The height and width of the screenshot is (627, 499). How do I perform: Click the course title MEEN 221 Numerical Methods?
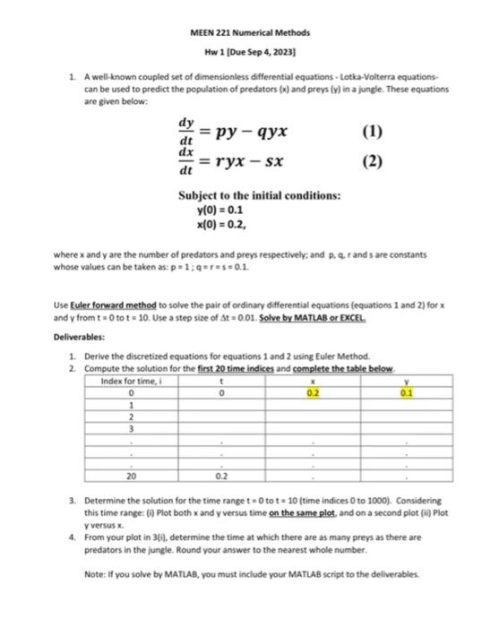[249, 31]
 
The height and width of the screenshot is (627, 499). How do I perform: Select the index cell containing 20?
[131, 477]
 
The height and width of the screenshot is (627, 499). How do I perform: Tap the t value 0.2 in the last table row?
[221, 477]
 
